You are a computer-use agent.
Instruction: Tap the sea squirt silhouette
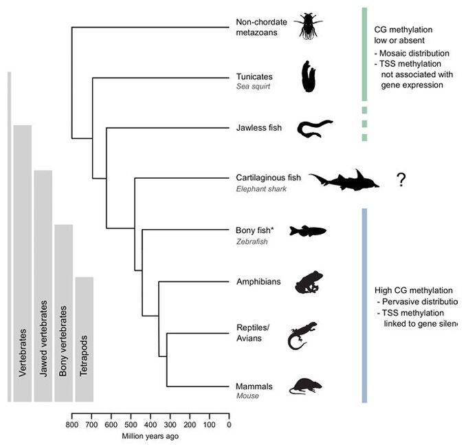click(x=310, y=76)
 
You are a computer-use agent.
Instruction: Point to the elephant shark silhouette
click(x=344, y=180)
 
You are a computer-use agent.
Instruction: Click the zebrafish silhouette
click(x=307, y=231)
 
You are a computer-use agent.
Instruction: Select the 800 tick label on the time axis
click(x=72, y=425)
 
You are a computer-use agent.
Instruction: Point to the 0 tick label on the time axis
click(x=229, y=425)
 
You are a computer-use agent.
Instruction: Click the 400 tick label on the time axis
click(x=151, y=425)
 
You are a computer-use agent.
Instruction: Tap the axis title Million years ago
click(x=151, y=436)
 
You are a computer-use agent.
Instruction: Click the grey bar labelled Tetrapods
click(x=84, y=339)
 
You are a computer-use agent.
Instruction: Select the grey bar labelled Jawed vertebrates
click(x=43, y=285)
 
